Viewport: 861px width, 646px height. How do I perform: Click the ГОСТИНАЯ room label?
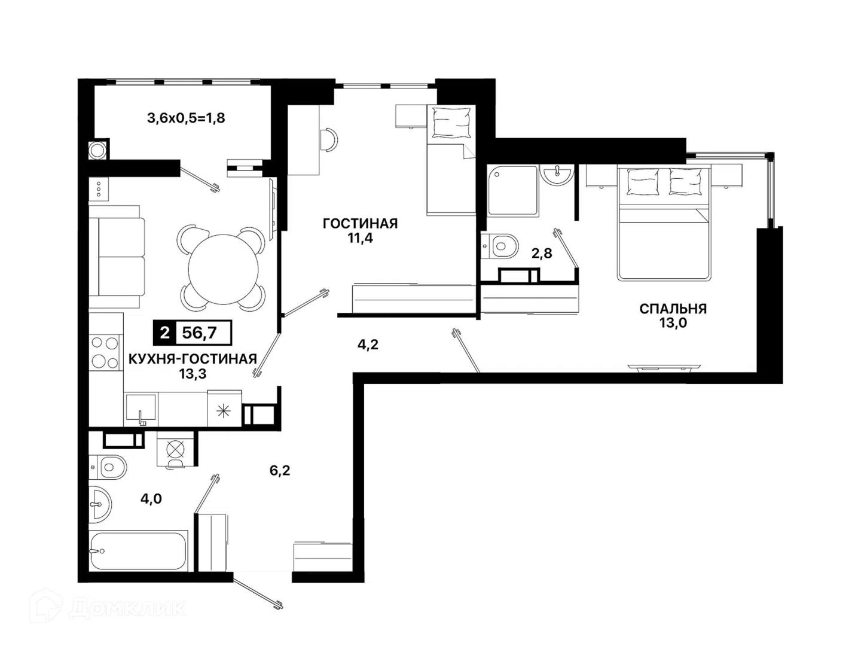coord(360,224)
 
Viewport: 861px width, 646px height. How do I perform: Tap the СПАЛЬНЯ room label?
coord(673,309)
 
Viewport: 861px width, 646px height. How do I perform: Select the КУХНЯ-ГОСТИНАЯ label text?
coord(193,358)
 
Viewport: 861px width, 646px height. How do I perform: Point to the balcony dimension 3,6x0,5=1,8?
coord(186,118)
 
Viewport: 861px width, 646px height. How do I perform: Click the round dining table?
coord(223,269)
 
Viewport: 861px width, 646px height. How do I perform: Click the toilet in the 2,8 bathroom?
coord(499,246)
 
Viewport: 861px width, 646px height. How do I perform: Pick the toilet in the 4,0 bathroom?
coord(108,467)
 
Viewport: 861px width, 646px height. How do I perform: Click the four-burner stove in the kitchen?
coord(105,353)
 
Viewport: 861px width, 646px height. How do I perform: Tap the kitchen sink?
coord(141,409)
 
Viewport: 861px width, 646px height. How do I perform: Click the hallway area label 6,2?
coord(280,470)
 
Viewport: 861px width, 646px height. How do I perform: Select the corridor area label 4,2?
coord(368,345)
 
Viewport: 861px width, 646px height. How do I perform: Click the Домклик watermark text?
coord(128,608)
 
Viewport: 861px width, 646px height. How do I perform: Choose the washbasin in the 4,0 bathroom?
coord(100,504)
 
